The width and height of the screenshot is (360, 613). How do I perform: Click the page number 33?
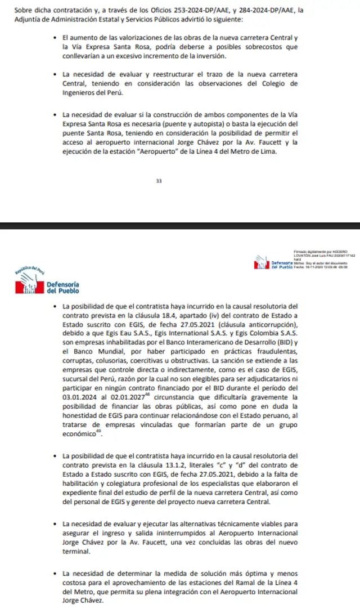159,181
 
